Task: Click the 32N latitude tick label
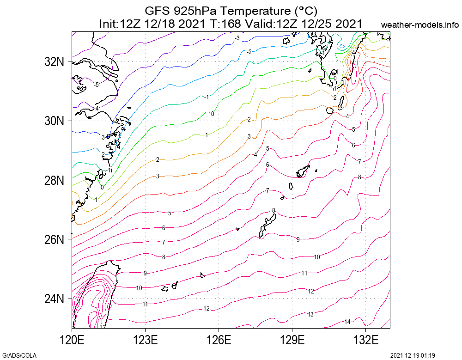(x=53, y=61)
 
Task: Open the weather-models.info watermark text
(x=420, y=25)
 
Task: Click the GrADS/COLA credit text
(x=19, y=355)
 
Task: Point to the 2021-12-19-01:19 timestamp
(x=413, y=355)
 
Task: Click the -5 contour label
(x=96, y=85)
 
